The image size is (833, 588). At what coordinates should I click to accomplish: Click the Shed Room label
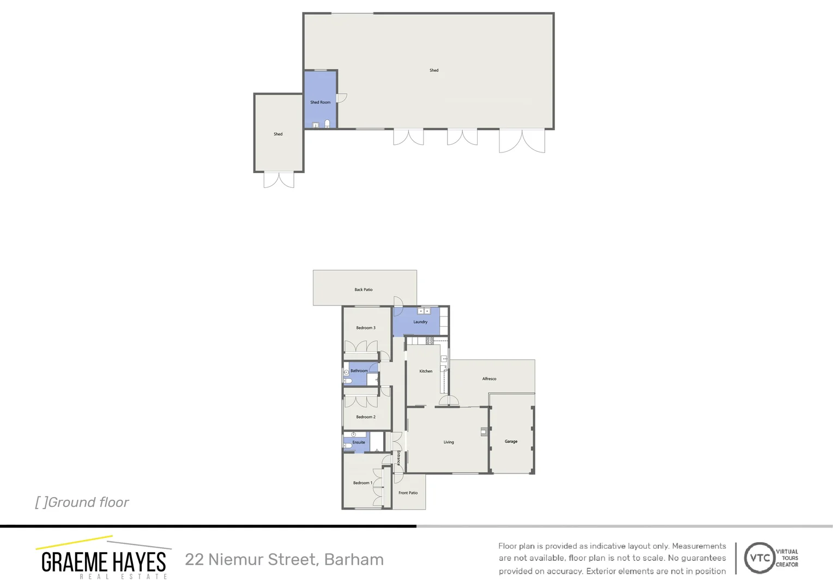click(320, 102)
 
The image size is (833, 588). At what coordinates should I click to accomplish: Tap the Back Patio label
click(364, 290)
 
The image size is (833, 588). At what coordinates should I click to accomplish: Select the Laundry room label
click(420, 322)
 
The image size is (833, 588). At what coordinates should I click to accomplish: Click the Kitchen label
click(426, 371)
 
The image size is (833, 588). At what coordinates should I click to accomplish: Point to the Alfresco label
click(489, 379)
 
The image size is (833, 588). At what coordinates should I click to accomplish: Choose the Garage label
click(511, 442)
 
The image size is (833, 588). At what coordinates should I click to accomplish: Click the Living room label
click(449, 442)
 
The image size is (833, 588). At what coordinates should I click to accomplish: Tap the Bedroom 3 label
click(366, 328)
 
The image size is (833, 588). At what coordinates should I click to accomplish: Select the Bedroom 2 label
click(366, 417)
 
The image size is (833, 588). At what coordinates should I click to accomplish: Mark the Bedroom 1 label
click(363, 483)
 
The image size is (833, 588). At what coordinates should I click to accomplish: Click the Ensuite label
click(359, 443)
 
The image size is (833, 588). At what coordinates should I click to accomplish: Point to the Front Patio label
click(408, 493)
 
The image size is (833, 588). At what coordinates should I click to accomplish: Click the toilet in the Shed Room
click(327, 124)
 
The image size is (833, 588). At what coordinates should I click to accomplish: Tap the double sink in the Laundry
click(424, 311)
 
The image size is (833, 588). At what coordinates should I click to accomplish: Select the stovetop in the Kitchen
click(430, 341)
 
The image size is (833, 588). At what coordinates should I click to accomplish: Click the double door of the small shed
click(279, 180)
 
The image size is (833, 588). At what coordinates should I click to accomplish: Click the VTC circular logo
click(759, 558)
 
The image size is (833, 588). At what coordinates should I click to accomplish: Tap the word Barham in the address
click(354, 560)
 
